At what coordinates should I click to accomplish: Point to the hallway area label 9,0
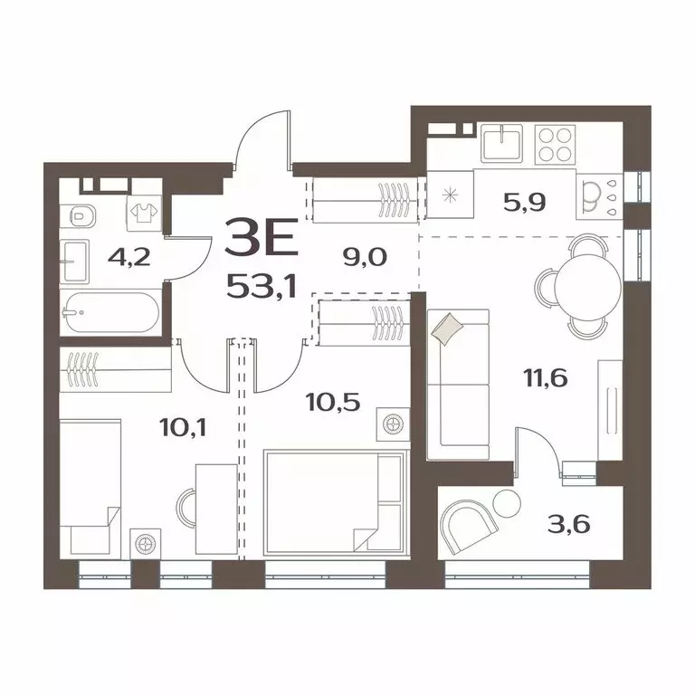365,256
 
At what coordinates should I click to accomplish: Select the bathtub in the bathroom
110,314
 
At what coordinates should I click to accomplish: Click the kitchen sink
501,143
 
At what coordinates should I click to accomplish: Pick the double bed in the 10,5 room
333,502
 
